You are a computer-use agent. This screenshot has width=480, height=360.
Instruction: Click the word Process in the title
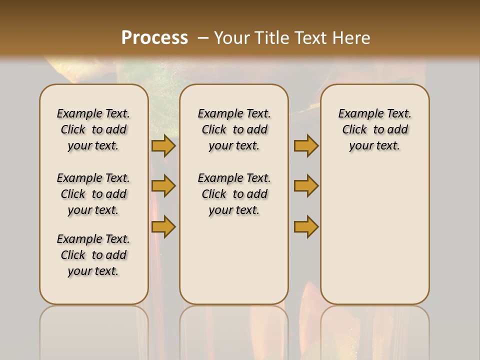154,37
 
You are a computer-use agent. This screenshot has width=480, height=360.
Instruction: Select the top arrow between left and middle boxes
163,145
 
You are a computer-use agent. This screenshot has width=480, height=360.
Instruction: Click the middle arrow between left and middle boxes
163,186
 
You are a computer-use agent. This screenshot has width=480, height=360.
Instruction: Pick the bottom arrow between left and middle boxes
163,226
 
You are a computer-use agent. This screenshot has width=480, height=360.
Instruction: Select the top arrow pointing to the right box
306,145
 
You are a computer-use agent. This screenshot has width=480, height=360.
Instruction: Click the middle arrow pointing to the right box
306,186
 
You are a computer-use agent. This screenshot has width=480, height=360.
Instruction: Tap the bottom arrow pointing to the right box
306,226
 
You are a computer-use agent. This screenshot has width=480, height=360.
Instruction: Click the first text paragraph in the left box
93,129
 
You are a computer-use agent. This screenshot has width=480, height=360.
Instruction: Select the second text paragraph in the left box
93,194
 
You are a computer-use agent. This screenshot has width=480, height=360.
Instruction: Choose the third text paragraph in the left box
93,255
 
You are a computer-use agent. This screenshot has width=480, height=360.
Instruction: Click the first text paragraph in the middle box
234,129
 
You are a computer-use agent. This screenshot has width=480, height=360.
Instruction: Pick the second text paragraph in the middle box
234,194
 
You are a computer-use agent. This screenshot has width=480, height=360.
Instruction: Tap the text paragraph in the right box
374,129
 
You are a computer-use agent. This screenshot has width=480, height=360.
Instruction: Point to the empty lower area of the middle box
234,260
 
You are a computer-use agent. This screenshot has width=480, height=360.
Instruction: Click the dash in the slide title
203,37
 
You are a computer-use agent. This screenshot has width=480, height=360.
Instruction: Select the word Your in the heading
231,37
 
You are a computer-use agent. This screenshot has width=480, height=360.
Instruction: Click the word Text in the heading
309,37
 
